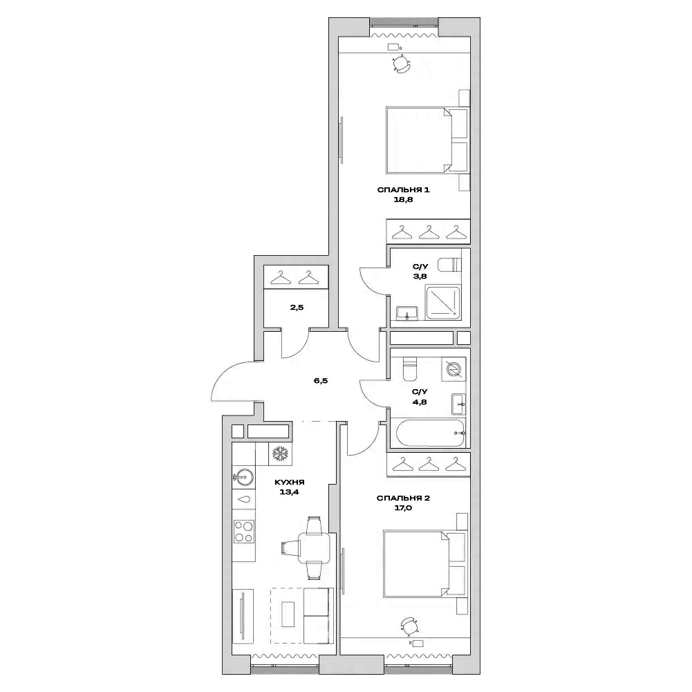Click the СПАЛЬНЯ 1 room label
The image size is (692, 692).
point(404,190)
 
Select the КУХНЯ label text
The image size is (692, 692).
point(290,483)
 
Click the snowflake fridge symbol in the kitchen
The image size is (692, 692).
point(279,453)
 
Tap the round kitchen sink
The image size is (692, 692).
point(242,476)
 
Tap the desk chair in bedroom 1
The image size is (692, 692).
point(400,64)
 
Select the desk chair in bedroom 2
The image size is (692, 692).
point(409,626)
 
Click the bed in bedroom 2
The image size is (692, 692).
point(418,563)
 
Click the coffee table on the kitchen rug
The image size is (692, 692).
point(290,613)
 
